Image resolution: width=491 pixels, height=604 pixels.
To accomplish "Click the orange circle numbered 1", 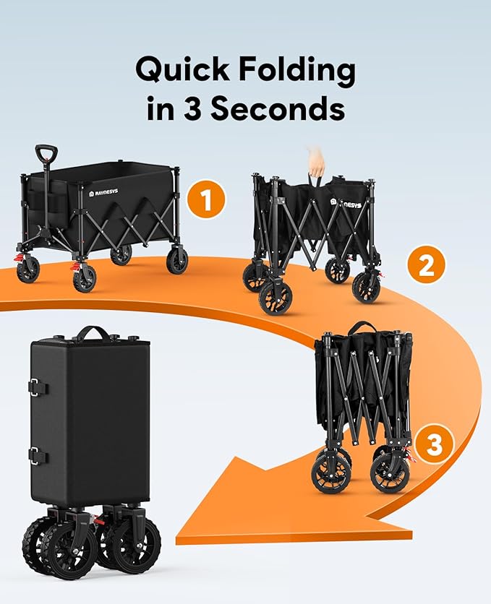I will tap(206, 201).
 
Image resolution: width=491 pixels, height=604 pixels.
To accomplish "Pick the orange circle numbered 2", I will tap(426, 267).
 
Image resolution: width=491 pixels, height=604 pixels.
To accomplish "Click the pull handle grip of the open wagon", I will tap(46, 153).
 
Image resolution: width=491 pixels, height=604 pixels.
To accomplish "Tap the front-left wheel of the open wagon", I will tap(84, 278).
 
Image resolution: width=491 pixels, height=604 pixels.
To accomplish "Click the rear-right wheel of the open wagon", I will tap(176, 260).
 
